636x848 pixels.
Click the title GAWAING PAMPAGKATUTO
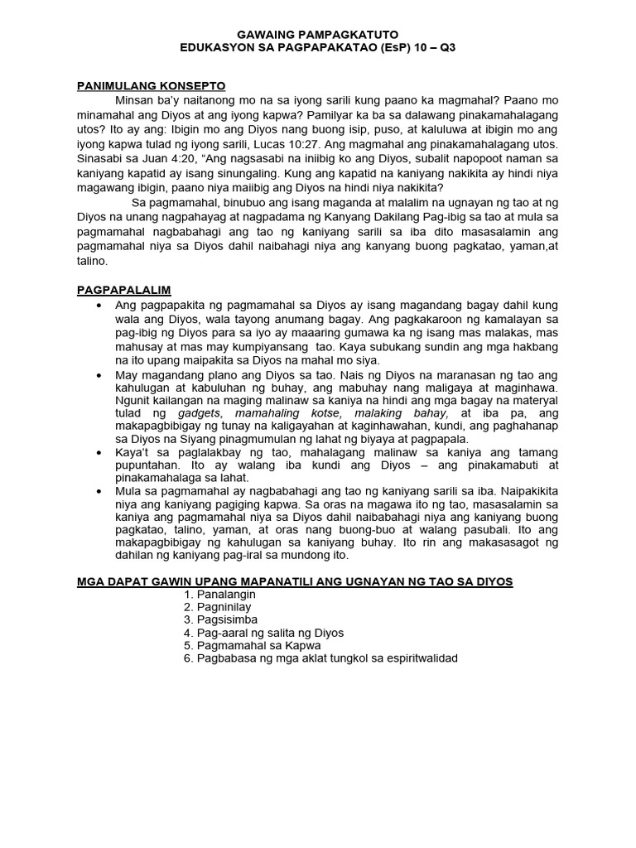(318, 36)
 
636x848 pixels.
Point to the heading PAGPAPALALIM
(123, 290)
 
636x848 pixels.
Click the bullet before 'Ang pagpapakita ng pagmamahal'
(99, 306)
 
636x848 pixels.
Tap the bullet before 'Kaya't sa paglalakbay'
(99, 453)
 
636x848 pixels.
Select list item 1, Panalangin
(221, 594)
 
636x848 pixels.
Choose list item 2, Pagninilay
(219, 607)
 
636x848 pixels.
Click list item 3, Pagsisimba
(221, 619)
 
